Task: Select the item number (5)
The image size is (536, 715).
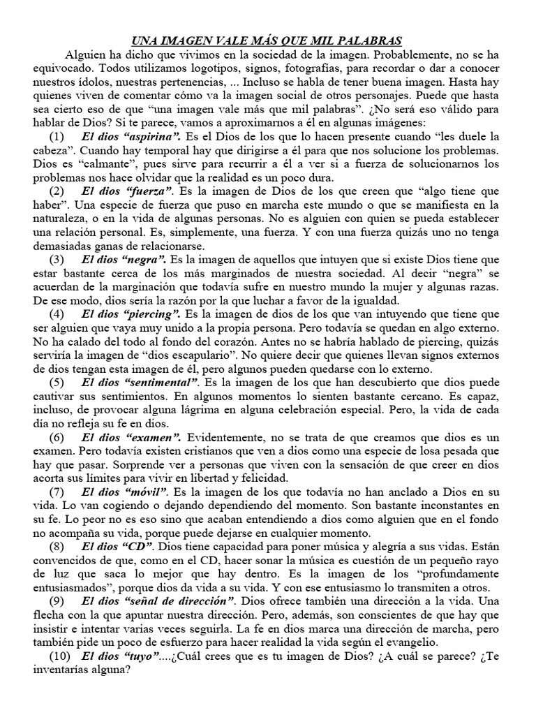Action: [58, 382]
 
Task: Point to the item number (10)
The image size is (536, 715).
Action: [61, 656]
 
